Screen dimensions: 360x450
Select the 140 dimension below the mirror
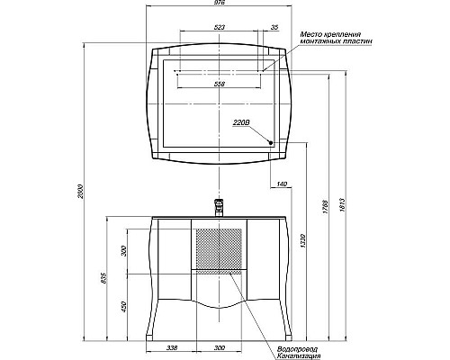pyautogui.click(x=282, y=184)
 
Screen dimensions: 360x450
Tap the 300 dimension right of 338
pyautogui.click(x=219, y=347)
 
